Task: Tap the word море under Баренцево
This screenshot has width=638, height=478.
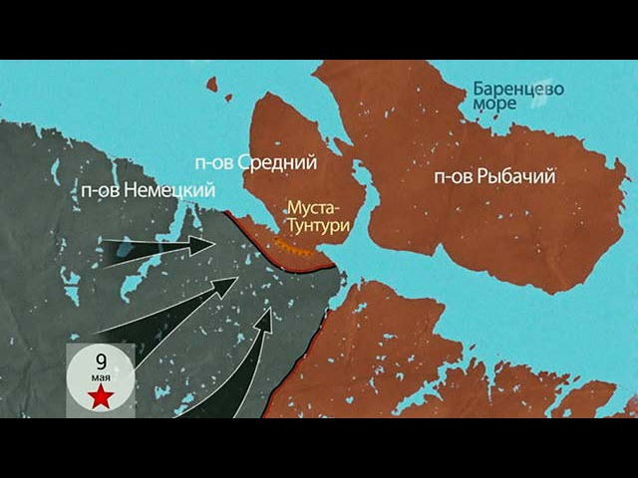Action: click(x=494, y=105)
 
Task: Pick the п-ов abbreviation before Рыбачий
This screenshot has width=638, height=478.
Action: click(x=452, y=177)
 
